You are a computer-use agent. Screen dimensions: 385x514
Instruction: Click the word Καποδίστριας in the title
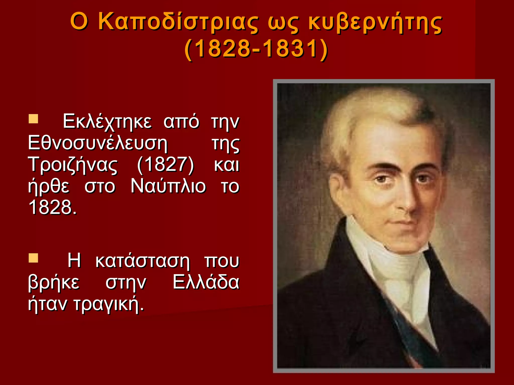click(x=178, y=22)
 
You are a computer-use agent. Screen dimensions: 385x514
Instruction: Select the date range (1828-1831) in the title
click(x=256, y=49)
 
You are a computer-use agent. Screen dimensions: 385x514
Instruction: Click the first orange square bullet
click(x=33, y=119)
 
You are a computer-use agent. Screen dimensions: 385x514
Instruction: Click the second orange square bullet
click(x=33, y=258)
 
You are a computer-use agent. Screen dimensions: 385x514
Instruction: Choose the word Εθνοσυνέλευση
click(x=98, y=143)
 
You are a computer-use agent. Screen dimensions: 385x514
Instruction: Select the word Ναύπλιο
click(x=168, y=186)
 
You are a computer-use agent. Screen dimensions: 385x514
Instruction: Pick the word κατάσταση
click(x=142, y=261)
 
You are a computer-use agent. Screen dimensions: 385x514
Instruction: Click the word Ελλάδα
click(x=206, y=283)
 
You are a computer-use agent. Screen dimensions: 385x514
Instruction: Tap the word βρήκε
click(x=54, y=283)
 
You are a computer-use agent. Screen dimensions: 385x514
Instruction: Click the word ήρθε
click(x=49, y=186)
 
